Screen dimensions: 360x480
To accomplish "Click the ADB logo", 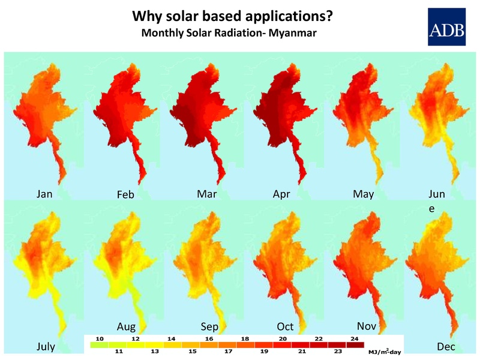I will click(447, 27).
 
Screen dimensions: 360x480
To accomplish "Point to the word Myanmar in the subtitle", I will click(292, 32).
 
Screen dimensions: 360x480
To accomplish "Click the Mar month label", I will click(206, 194).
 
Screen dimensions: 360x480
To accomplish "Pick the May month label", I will click(363, 194).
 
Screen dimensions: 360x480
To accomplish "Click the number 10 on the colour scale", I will click(100, 339).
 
